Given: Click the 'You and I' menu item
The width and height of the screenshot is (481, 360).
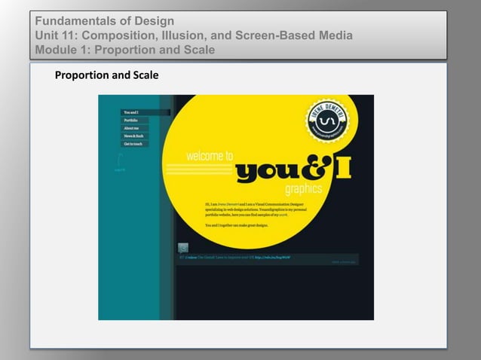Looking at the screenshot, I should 130,112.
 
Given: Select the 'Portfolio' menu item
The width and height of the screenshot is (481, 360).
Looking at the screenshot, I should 130,120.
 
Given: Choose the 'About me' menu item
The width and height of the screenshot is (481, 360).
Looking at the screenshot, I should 131,128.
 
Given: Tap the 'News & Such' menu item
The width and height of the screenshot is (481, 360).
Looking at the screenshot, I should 133,136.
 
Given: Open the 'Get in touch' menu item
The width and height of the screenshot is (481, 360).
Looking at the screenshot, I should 133,143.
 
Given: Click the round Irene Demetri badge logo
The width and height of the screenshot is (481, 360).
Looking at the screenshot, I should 326,122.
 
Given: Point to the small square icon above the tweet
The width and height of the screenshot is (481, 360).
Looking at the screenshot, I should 182,248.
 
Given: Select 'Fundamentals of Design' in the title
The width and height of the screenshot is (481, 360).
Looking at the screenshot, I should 104,20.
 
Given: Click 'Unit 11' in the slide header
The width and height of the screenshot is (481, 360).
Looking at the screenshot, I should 57,35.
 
